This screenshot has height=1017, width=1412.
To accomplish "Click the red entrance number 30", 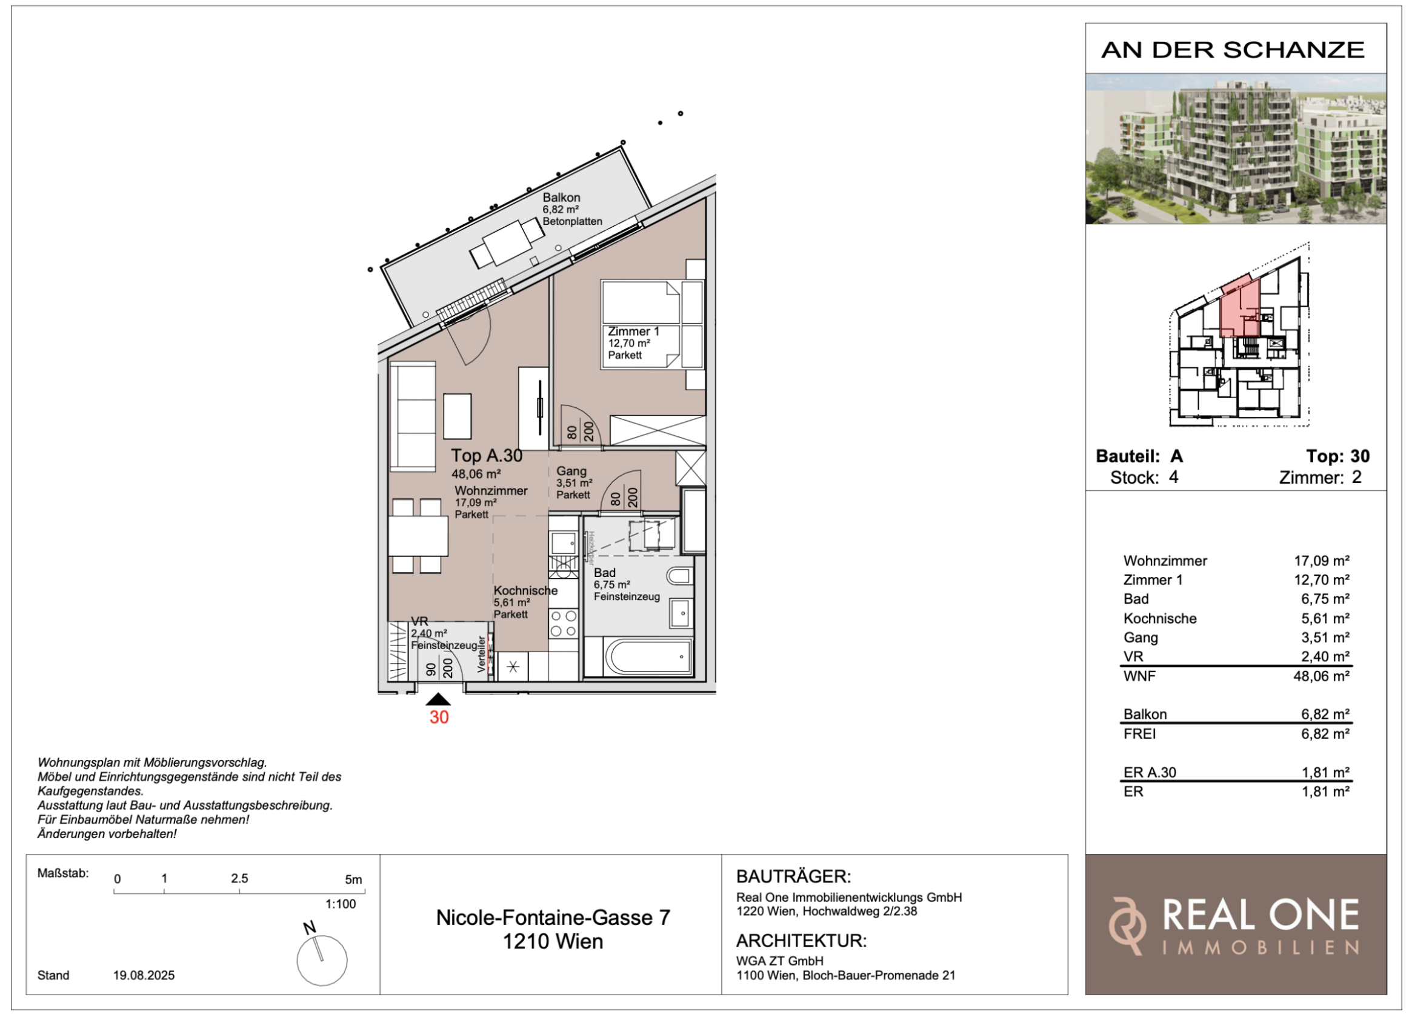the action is (439, 718).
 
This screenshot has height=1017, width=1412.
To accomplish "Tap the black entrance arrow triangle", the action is (438, 699).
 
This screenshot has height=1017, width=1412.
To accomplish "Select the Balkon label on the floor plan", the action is (561, 198).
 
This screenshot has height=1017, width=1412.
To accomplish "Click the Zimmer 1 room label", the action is (633, 332).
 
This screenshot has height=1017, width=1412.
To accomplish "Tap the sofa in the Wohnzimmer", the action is (413, 417).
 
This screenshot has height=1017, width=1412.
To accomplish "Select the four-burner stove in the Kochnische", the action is (563, 624).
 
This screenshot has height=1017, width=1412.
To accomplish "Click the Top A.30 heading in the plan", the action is (487, 456).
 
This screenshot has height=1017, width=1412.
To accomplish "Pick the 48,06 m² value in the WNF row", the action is (1321, 676).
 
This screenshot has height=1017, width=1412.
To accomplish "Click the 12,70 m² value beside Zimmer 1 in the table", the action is (1321, 580).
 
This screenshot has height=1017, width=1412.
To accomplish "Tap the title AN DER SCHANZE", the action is (1233, 50).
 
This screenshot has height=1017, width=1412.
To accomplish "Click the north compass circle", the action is (322, 960).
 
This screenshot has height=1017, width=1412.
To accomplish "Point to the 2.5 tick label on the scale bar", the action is (240, 878).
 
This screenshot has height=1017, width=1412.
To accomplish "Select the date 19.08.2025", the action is (144, 975).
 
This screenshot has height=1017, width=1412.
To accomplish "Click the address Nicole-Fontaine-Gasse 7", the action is (553, 918).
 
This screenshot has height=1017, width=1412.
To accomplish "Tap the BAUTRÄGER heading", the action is (793, 876).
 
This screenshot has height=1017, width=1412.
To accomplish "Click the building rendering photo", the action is (1236, 149).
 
